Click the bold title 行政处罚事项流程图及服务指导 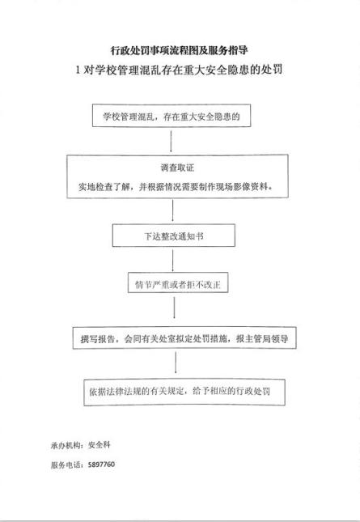pyautogui.click(x=180, y=50)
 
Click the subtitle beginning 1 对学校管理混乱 pyautogui.click(x=179, y=70)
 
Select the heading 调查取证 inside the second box pyautogui.click(x=177, y=168)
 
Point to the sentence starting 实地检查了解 pyautogui.click(x=176, y=186)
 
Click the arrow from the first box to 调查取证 pyautogui.click(x=171, y=141)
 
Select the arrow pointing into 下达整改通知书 pyautogui.click(x=172, y=210)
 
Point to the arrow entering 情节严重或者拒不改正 pyautogui.click(x=172, y=261)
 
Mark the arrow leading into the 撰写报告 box pyautogui.click(x=174, y=308)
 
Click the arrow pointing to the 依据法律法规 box pyautogui.click(x=176, y=363)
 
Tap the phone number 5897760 pyautogui.click(x=101, y=465)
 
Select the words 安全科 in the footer pyautogui.click(x=100, y=445)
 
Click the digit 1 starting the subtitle pyautogui.click(x=78, y=70)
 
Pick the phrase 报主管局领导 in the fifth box pyautogui.click(x=262, y=338)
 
